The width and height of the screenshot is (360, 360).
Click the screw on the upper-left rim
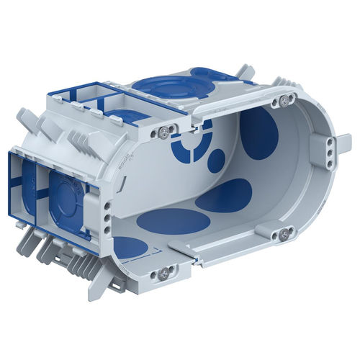pyautogui.click(x=165, y=130)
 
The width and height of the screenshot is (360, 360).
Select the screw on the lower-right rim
pyautogui.click(x=284, y=233)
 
